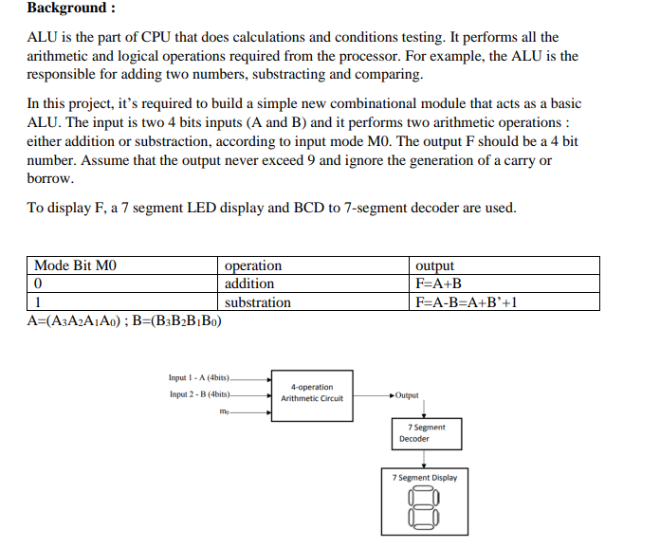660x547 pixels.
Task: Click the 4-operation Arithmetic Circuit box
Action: pyautogui.click(x=312, y=392)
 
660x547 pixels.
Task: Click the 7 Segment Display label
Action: pyautogui.click(x=424, y=478)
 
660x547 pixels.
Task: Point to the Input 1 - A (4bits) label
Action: pyautogui.click(x=199, y=377)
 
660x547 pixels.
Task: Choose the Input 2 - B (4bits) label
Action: pyautogui.click(x=199, y=394)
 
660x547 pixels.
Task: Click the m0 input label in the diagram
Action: pyautogui.click(x=224, y=412)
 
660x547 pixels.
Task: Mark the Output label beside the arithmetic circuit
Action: pyautogui.click(x=407, y=394)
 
